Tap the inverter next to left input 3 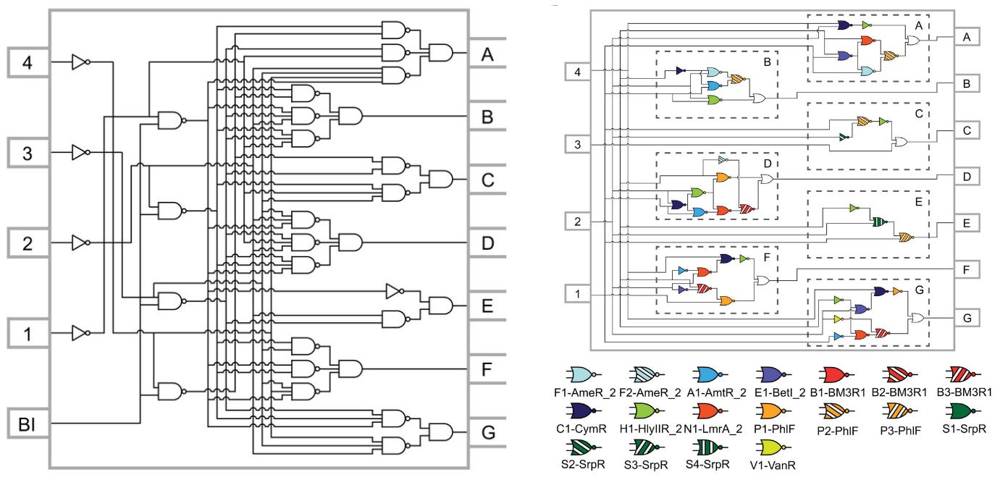point(80,152)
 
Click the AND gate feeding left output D point(350,242)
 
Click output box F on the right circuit point(967,269)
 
